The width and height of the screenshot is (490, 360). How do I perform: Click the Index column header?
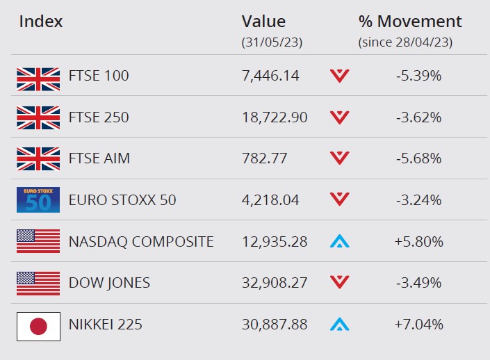coord(40,22)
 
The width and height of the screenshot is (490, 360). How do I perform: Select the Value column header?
coord(263,22)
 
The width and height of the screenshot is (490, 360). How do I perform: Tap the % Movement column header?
coord(410,22)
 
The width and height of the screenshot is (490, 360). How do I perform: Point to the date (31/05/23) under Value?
coord(272,42)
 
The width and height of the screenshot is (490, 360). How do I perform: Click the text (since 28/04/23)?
coord(405,42)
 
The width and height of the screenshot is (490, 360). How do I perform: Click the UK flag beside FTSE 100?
coord(38,79)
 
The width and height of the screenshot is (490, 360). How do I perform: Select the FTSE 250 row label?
coord(99,117)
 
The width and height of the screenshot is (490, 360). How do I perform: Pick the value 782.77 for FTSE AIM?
coord(264,158)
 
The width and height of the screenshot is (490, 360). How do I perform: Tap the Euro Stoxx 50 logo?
coord(38,200)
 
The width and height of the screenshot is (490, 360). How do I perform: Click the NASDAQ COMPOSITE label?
coord(141,242)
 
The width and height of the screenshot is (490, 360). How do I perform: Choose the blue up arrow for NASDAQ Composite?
coord(340,241)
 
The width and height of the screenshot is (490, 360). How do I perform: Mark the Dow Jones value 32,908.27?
coord(275,283)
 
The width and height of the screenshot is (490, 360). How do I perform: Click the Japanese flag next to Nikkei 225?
coord(38,327)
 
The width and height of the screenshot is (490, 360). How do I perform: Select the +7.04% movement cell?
coord(418,325)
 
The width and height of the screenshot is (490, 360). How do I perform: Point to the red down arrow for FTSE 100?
coord(340,76)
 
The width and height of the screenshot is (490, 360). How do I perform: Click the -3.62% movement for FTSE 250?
coord(418,117)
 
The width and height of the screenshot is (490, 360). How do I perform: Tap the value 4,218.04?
coord(270,200)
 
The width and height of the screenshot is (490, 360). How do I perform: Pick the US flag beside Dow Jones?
coord(38,284)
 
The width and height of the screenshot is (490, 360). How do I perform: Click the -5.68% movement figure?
coord(418,158)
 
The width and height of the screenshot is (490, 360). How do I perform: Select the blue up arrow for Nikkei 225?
coord(340,324)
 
